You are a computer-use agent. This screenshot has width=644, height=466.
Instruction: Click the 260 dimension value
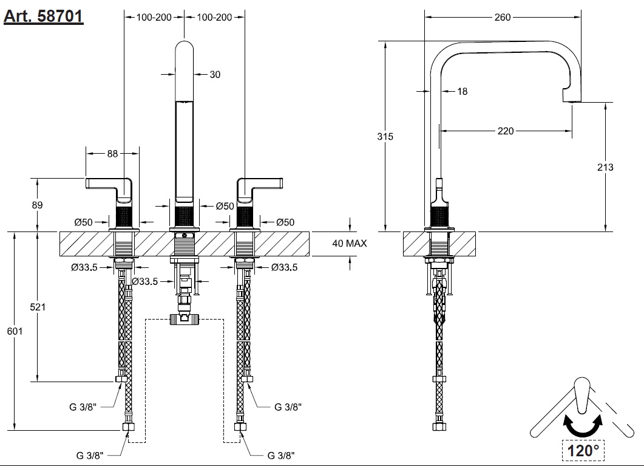503,18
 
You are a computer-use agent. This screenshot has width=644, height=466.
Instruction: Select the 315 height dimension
385,137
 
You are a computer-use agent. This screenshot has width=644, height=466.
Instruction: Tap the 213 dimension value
606,167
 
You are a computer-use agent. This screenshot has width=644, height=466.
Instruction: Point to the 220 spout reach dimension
506,131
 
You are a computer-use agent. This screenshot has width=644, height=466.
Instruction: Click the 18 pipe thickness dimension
463,91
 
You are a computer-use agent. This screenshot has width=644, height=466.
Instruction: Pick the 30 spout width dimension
215,75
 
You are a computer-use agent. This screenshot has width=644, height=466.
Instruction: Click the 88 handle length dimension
112,154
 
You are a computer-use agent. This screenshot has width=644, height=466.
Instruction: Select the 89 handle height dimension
38,205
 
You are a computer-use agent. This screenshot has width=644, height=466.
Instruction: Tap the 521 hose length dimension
38,307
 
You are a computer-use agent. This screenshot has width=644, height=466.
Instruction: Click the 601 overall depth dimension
15,331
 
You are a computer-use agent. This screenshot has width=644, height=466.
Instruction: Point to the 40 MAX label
350,243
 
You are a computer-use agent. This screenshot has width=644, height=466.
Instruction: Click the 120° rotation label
583,450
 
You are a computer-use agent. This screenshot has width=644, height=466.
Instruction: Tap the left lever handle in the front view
110,184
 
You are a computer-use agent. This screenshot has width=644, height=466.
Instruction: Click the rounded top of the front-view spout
184,49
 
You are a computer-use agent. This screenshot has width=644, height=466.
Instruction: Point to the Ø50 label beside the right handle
285,222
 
